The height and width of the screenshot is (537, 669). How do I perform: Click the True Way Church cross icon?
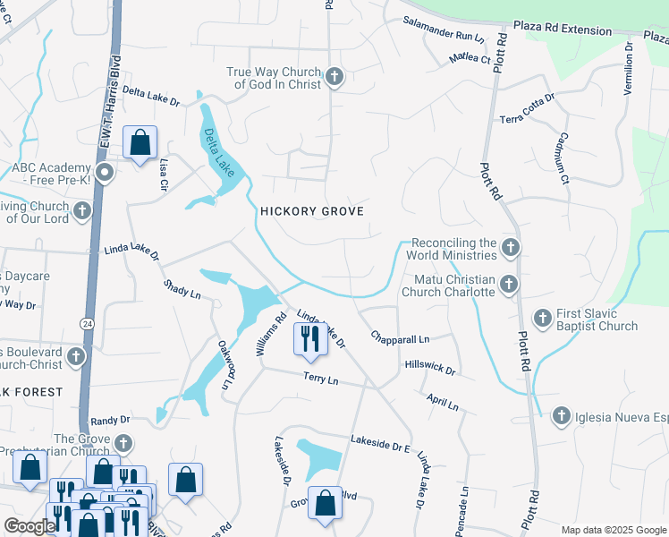(x=334, y=77)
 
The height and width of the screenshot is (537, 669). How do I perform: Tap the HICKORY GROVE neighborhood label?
(x=311, y=211)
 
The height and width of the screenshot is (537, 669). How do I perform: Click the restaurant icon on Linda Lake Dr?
(x=310, y=339)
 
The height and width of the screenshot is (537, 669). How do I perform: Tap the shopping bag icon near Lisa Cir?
(x=140, y=142)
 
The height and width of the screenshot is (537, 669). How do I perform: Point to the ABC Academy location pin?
(x=105, y=173)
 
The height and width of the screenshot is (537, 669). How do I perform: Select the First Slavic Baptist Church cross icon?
(x=542, y=318)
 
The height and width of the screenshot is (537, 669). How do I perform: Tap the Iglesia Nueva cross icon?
(x=561, y=415)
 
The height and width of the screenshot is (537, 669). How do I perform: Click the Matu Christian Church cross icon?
(x=509, y=285)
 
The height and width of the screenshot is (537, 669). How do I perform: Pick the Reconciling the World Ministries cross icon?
(x=510, y=247)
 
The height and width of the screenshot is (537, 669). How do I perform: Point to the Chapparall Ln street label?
(x=401, y=338)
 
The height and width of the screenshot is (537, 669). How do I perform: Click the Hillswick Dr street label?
(x=430, y=368)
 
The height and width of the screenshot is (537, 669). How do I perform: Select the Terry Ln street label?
(x=321, y=380)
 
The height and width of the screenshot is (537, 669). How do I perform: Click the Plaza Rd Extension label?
(x=563, y=29)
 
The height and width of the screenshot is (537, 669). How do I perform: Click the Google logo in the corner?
(x=30, y=526)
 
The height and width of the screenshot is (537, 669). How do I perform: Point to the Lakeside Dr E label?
(x=380, y=441)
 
